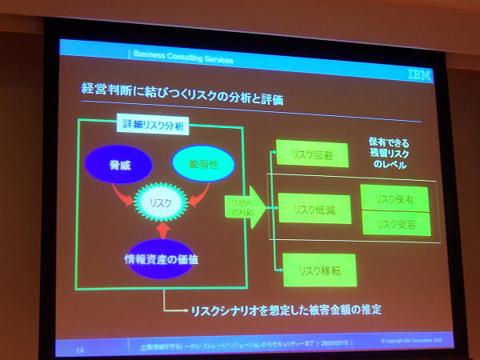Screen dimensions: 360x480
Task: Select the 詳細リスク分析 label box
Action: click(x=153, y=126)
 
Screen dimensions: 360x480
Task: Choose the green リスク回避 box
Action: click(x=312, y=154)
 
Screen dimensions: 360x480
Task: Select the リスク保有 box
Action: click(x=395, y=198)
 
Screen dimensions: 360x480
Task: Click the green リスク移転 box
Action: click(x=319, y=270)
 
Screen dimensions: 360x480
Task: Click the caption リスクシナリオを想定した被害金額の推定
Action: click(x=284, y=309)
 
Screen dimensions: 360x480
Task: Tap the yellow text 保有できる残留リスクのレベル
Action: click(x=390, y=153)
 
